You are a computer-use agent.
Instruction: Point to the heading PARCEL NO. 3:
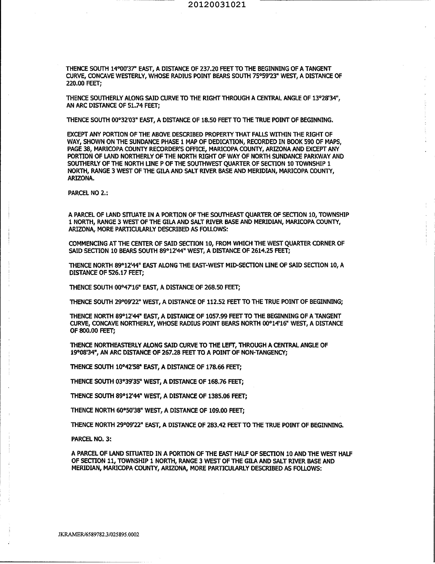point(91,439)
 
